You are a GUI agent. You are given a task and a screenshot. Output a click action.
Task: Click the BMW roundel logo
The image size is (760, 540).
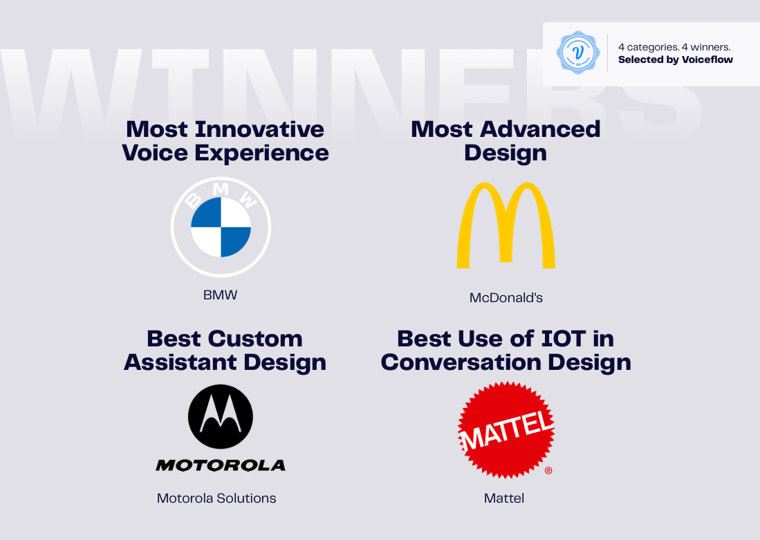pyautogui.click(x=221, y=227)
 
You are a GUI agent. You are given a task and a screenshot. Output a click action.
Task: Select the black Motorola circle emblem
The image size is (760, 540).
pyautogui.click(x=221, y=417)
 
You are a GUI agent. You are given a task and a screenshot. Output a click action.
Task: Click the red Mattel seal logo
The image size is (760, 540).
pyautogui.click(x=506, y=429)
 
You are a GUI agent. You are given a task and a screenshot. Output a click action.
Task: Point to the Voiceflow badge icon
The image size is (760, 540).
pyautogui.click(x=577, y=53)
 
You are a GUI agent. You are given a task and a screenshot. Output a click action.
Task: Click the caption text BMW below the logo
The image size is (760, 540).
pyautogui.click(x=220, y=295)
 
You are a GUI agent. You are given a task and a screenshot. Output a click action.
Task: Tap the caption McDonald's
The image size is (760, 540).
pyautogui.click(x=506, y=297)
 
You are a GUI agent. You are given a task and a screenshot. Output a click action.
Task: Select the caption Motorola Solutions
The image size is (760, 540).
pyautogui.click(x=216, y=499)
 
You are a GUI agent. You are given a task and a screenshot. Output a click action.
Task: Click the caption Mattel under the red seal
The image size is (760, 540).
pyautogui.click(x=504, y=499)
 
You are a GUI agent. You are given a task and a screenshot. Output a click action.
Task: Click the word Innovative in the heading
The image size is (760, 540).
pyautogui.click(x=260, y=129)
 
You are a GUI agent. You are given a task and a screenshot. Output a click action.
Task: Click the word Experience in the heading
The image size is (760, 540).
pyautogui.click(x=261, y=154)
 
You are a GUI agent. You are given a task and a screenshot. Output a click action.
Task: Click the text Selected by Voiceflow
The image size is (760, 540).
pyautogui.click(x=676, y=59)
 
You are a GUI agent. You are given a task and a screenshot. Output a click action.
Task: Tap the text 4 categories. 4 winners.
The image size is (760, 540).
pyautogui.click(x=674, y=47)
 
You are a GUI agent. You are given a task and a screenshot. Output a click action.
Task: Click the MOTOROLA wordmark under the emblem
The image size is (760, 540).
pyautogui.click(x=221, y=466)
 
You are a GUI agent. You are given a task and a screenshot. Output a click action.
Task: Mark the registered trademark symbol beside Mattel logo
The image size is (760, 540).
pyautogui.click(x=548, y=470)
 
